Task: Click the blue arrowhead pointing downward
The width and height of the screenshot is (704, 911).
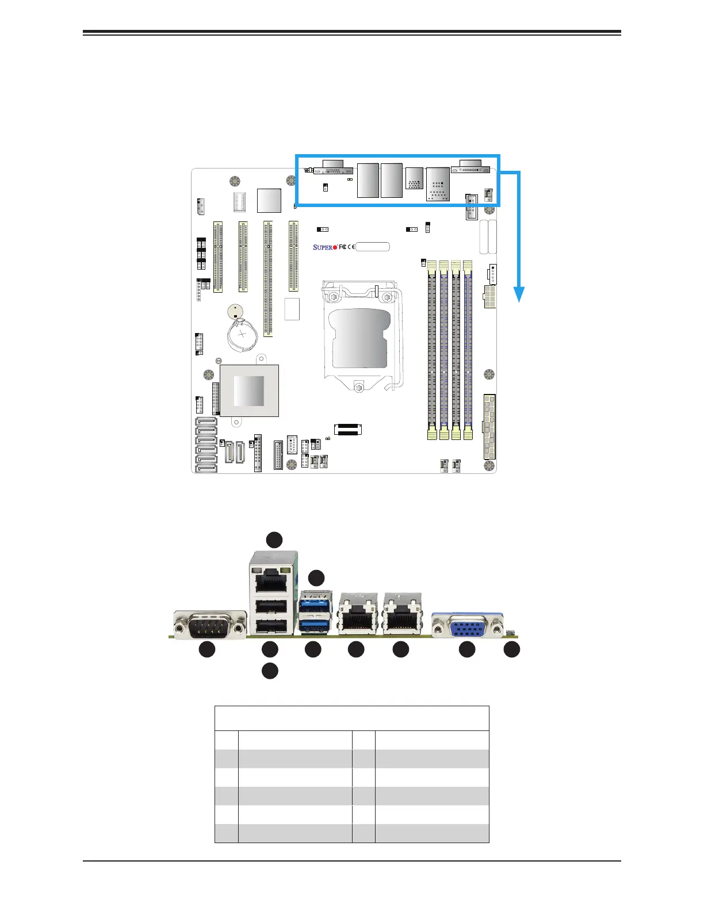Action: click(x=519, y=294)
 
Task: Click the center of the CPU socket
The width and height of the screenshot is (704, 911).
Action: click(x=359, y=338)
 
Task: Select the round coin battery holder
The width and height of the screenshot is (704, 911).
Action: click(x=242, y=335)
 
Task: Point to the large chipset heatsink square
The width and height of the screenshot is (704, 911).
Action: click(x=249, y=391)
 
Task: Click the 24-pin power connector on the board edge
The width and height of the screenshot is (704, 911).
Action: click(x=489, y=426)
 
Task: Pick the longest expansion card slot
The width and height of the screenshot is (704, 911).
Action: click(x=268, y=278)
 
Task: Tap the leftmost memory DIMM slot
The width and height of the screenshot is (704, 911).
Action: click(x=431, y=351)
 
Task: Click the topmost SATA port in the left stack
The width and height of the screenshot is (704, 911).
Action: click(x=205, y=421)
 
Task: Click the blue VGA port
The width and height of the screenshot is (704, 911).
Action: click(x=467, y=626)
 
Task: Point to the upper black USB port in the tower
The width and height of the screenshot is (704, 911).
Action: click(x=270, y=607)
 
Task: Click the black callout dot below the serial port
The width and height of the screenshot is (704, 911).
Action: click(x=207, y=649)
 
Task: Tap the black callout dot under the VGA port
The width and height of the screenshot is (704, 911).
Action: click(x=467, y=649)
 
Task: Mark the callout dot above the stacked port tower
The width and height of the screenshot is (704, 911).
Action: click(x=274, y=539)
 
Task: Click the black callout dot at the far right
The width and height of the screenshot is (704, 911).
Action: click(x=512, y=649)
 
